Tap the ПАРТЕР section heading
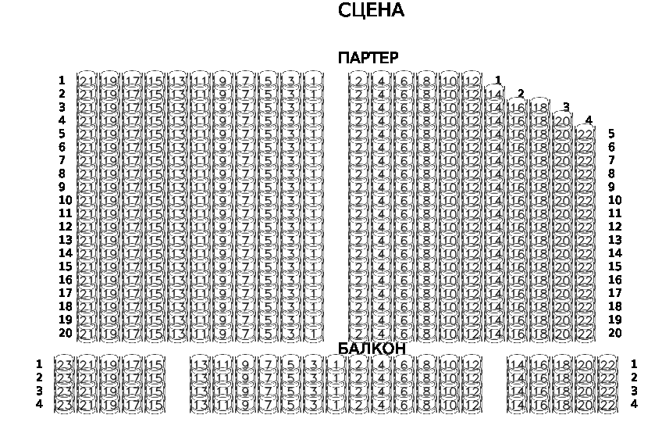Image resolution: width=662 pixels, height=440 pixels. tap(368, 58)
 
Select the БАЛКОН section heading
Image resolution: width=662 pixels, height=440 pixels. tap(372, 348)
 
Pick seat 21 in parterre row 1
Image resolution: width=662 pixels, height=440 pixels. tap(87, 80)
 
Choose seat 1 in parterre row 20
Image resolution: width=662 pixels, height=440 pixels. tap(312, 333)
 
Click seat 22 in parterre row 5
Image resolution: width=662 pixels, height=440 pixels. tap(585, 134)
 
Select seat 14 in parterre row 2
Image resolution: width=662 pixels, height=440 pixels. tap(494, 94)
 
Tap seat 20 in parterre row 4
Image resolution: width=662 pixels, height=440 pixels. tap(563, 120)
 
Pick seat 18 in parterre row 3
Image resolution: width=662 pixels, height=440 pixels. tap(540, 107)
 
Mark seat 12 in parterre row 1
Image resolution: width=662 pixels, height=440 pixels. tap(472, 80)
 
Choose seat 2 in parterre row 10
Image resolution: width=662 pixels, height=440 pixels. tap(358, 200)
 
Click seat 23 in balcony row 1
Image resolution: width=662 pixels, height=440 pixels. tap(64, 364)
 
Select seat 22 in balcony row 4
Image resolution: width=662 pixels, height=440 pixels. tap(607, 404)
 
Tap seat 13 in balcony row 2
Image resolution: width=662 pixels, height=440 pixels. tap(201, 377)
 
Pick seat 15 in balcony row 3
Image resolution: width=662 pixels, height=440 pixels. tap(155, 391)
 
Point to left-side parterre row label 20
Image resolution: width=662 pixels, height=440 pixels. tap(65, 333)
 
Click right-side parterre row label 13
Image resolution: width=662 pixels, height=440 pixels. tap(615, 240)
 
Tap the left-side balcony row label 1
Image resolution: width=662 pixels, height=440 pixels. tap(39, 364)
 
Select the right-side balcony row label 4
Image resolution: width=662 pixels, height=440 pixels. tap(634, 404)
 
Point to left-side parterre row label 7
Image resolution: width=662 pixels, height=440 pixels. tap(62, 160)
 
